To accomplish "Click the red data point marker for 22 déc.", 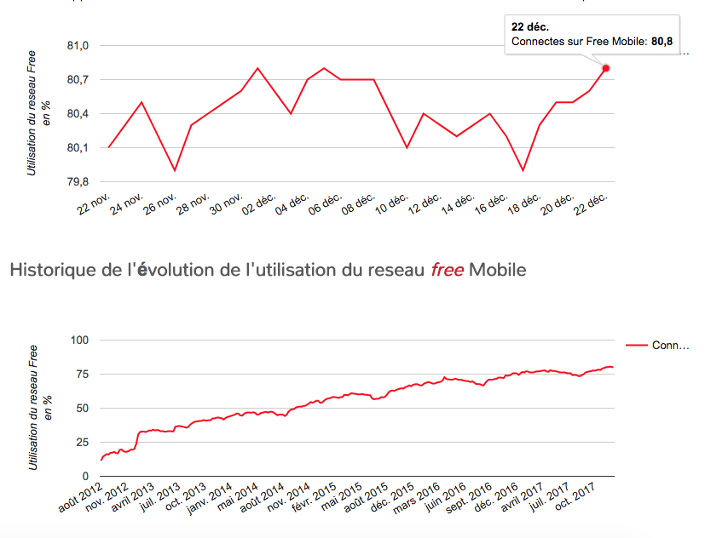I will tap(606, 68).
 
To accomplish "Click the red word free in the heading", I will tap(448, 271).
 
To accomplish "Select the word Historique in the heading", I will tap(51, 271).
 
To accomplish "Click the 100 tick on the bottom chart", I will tap(79, 341).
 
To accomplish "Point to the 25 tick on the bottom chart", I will tap(82, 442).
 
